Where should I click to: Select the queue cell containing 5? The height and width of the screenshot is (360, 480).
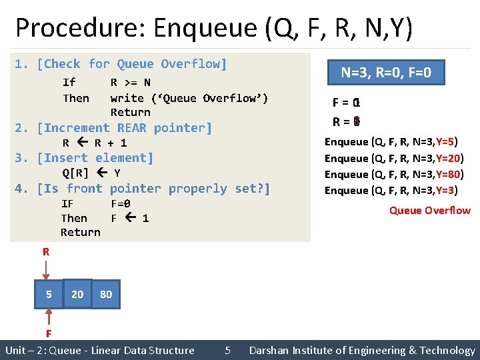coord(49,294)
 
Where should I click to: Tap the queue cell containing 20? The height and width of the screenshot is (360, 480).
coord(77,294)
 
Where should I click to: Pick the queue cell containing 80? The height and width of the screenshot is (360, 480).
coord(106,294)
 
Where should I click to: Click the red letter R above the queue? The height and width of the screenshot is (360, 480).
coord(45,252)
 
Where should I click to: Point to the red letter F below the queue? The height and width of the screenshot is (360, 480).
coord(49,333)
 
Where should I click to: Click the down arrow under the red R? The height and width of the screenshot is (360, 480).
coord(45,270)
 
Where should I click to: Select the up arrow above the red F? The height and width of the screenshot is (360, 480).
coord(49,317)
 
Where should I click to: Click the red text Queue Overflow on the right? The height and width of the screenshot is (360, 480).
coord(429,211)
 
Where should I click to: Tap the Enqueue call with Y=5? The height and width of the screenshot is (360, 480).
coord(391,141)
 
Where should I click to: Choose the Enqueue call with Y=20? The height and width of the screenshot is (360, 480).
coord(393,158)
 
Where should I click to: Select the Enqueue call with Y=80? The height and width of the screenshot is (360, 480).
coord(393,174)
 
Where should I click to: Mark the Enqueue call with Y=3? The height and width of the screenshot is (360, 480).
coord(391,191)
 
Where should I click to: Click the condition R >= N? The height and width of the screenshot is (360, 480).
coord(130,83)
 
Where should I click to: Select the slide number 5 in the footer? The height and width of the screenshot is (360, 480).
coord(227,350)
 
